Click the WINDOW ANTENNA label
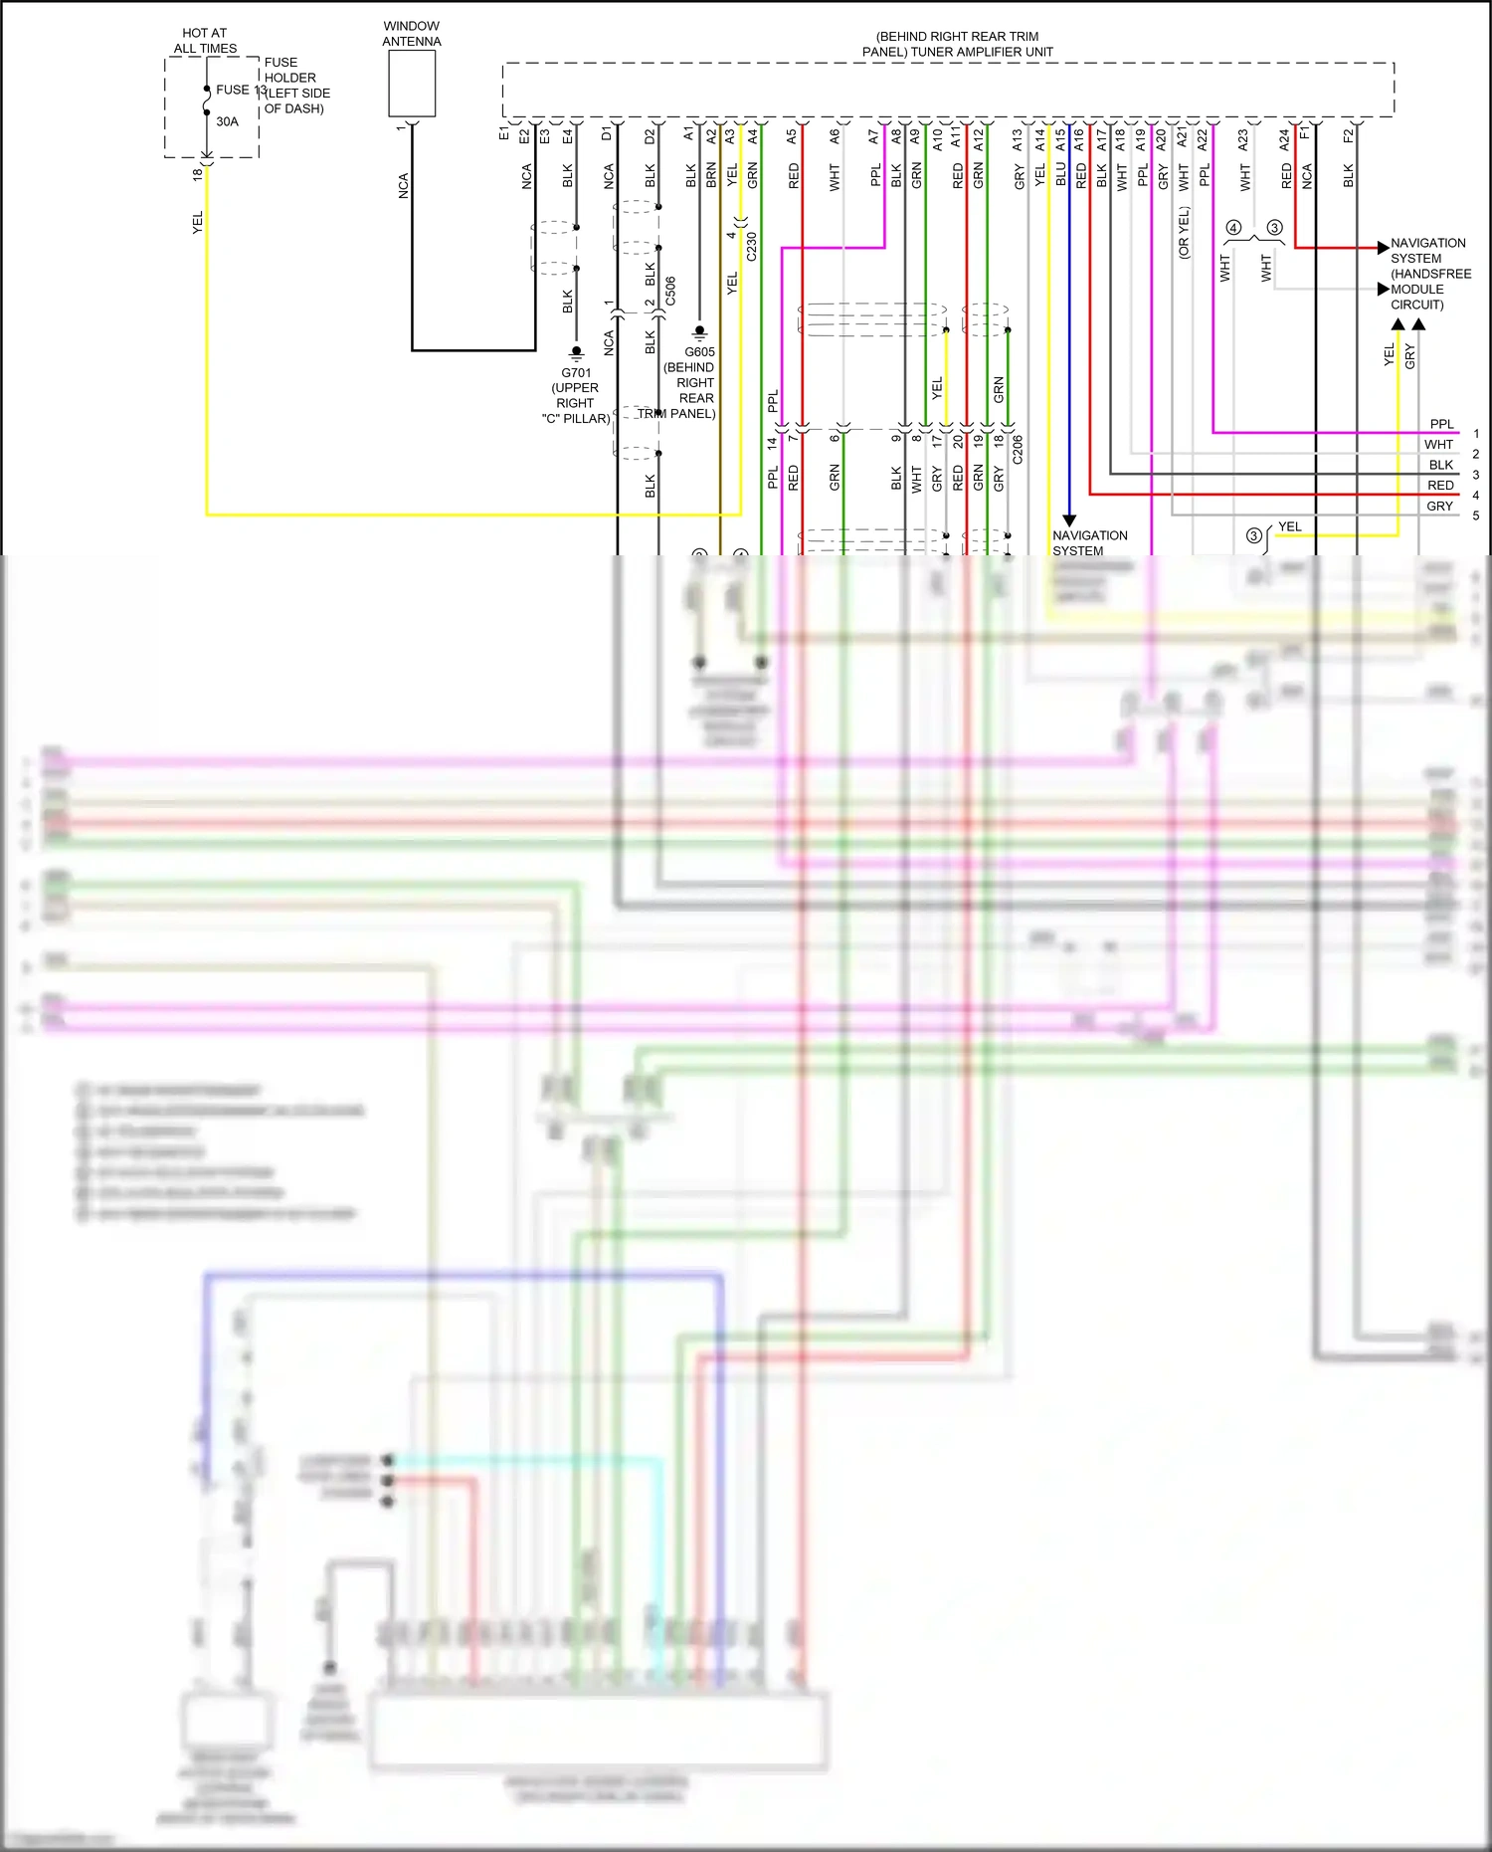pos(411,34)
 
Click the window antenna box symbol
pos(412,84)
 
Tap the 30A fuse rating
pos(228,121)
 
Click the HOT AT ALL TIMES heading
pos(205,41)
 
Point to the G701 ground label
pos(576,373)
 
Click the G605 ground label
pos(699,352)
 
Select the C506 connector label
pos(670,292)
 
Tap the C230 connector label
pos(752,247)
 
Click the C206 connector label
pos(1018,450)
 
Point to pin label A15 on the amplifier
pos(1060,139)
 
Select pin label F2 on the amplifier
pos(1348,135)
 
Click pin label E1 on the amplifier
pos(504,132)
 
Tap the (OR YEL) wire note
pos(1184,233)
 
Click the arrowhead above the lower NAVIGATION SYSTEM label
pos(1069,520)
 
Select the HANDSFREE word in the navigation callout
pos(1430,274)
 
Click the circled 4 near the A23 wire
pos(1233,228)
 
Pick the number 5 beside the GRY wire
pos(1476,515)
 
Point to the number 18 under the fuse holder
pos(197,174)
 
